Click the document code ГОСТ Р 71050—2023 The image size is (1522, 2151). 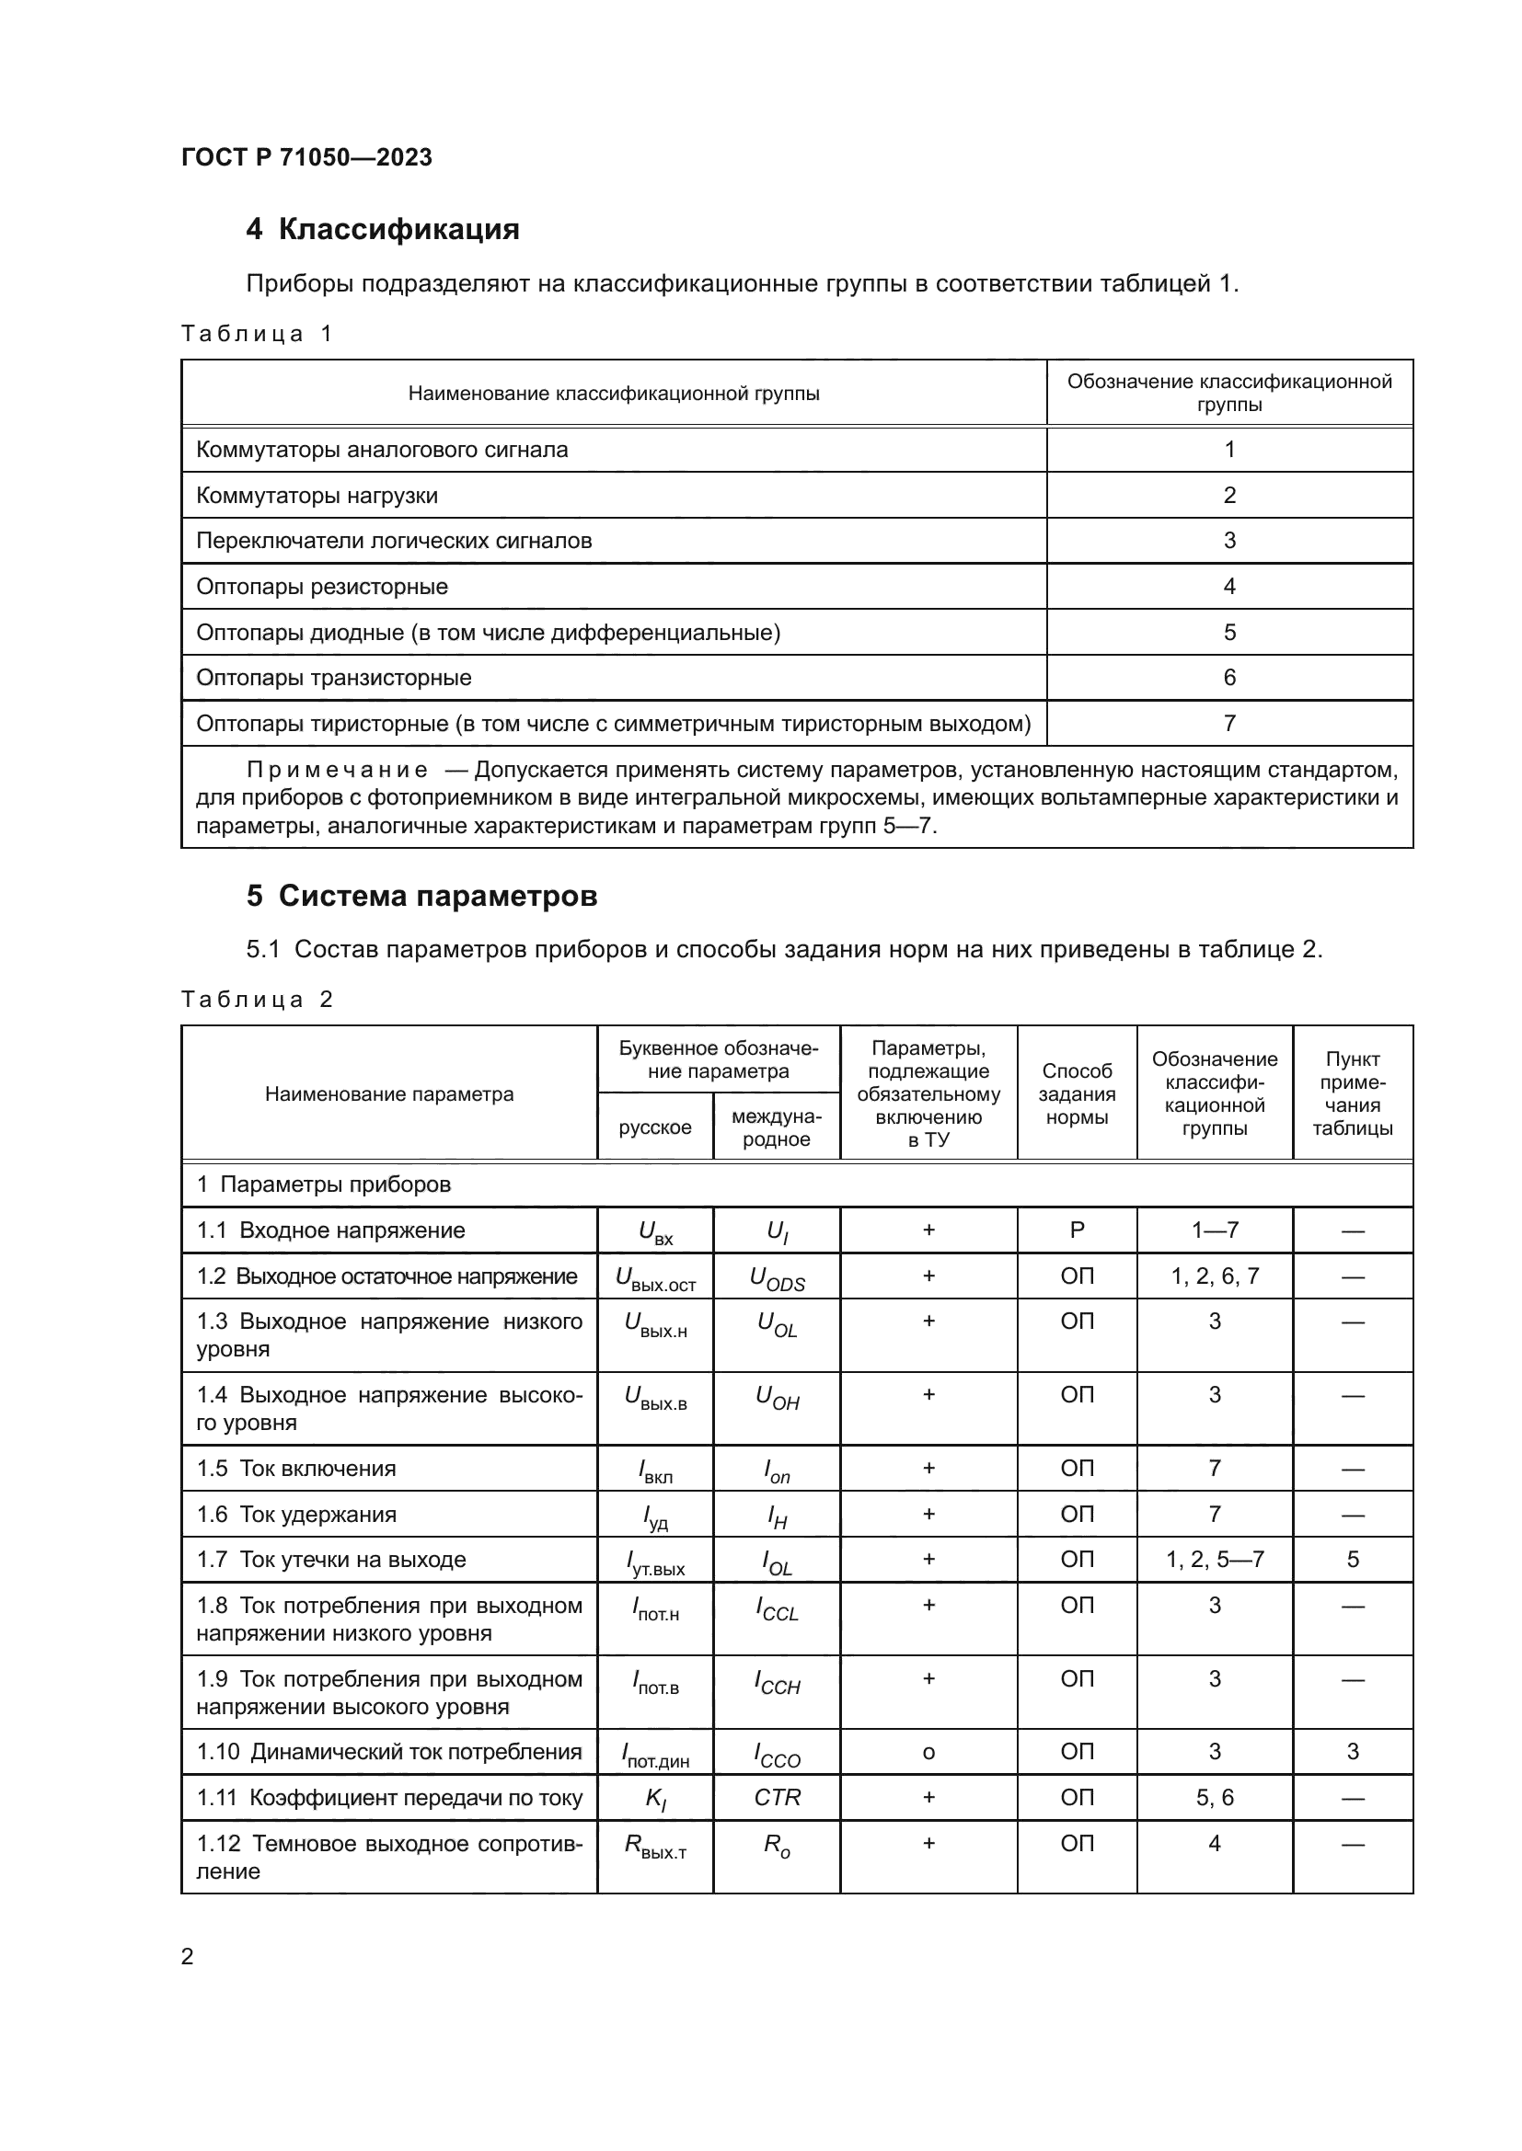pyautogui.click(x=306, y=157)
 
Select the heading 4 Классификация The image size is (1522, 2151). pyautogui.click(x=383, y=230)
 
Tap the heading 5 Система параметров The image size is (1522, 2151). pyautogui.click(x=421, y=897)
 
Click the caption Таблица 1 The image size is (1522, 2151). pyautogui.click(x=257, y=335)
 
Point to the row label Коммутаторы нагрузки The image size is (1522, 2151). pyautogui.click(x=317, y=496)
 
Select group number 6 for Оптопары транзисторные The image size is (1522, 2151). pyautogui.click(x=1228, y=678)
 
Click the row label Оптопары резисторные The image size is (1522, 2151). pyautogui.click(x=321, y=587)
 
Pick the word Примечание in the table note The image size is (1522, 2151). pyautogui.click(x=338, y=770)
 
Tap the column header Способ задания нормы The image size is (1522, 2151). pyautogui.click(x=1076, y=1094)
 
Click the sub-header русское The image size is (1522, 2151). pyautogui.click(x=655, y=1127)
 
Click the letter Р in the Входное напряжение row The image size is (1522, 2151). pyautogui.click(x=1077, y=1230)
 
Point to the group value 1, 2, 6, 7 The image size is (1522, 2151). pyautogui.click(x=1215, y=1276)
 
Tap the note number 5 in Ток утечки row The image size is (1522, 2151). pyautogui.click(x=1353, y=1560)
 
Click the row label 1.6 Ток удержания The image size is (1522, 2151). pyautogui.click(x=296, y=1514)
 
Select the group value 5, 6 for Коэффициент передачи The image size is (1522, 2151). pyautogui.click(x=1215, y=1798)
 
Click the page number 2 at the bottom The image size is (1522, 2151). pyautogui.click(x=188, y=1957)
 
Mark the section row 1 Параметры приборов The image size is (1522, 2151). pyautogui.click(x=323, y=1184)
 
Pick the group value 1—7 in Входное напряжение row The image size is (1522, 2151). pyautogui.click(x=1215, y=1230)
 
